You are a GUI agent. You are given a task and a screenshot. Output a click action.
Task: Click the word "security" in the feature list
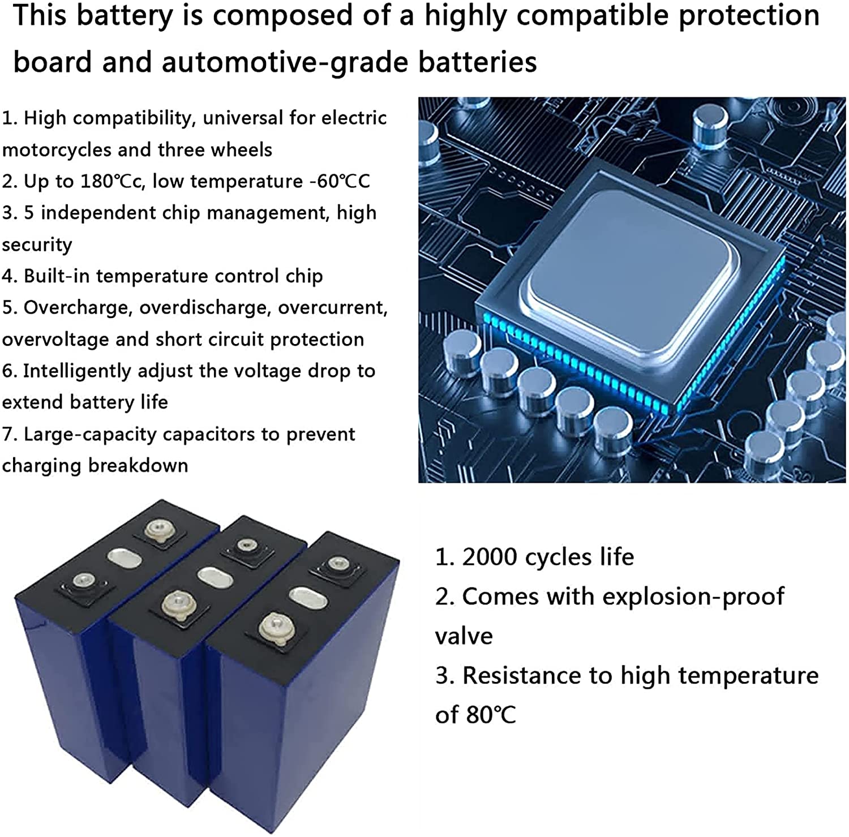tap(37, 244)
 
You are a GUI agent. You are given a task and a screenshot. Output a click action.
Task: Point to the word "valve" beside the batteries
tap(464, 636)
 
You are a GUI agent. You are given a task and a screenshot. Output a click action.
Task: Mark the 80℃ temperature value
tap(491, 715)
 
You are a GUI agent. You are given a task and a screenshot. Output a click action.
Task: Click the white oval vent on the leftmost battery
tap(125, 558)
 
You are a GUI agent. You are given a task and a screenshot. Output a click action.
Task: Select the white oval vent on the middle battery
tap(215, 577)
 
